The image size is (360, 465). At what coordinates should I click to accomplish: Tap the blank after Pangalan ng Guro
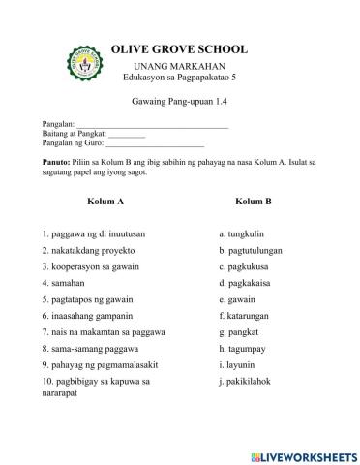155,143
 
